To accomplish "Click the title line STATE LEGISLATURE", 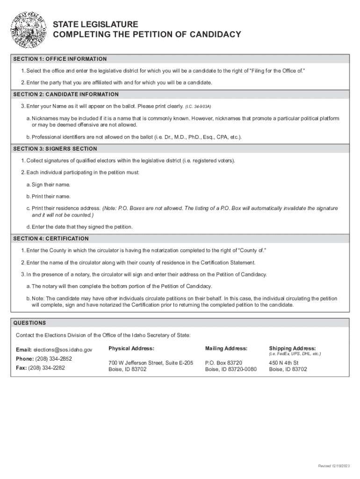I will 95,24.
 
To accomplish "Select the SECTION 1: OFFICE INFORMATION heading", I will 60,59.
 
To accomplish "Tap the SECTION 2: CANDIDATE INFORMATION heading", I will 66,94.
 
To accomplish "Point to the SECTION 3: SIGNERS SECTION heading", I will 55,149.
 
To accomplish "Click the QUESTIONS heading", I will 29,323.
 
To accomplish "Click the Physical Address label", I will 131,348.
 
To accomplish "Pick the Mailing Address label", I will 226,348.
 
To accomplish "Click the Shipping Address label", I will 292,348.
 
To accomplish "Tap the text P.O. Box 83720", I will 224,363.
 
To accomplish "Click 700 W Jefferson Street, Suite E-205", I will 151,363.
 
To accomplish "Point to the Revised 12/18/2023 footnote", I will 333,466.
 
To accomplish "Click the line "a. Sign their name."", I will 48,185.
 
